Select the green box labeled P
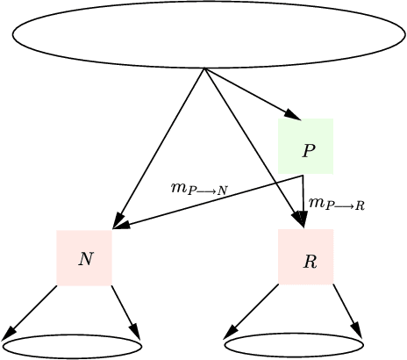coord(305,145)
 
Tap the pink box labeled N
coord(84,258)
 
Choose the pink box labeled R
coord(306,257)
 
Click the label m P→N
coord(199,188)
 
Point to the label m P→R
coord(337,204)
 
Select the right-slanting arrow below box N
coord(125,311)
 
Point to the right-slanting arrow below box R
coord(347,311)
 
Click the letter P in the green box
coord(308,150)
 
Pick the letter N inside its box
coord(85,259)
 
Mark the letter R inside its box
coord(310,262)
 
